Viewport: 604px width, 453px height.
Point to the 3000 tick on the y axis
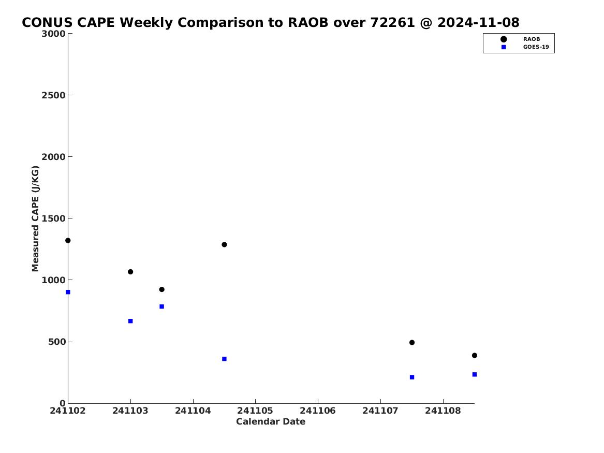[x=53, y=34]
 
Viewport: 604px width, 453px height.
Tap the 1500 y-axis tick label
[x=53, y=218]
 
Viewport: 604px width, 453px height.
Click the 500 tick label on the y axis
[x=57, y=342]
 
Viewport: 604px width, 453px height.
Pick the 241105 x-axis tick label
[x=255, y=411]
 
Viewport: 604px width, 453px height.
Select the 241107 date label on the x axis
[x=380, y=411]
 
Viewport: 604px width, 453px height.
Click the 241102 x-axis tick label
[x=68, y=411]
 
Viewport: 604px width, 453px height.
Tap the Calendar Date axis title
[x=271, y=421]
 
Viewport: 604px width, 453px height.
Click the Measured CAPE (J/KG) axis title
[x=35, y=218]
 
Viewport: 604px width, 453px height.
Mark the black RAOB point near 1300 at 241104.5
[x=224, y=244]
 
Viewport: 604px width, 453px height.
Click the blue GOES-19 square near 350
[x=224, y=359]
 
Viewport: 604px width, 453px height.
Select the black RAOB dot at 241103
[x=130, y=272]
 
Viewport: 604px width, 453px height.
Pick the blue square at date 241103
[x=130, y=322]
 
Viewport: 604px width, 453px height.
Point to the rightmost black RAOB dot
[x=475, y=356]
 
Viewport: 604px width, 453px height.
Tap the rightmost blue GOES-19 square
[x=475, y=374]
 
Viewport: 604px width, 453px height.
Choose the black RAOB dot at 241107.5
[x=412, y=342]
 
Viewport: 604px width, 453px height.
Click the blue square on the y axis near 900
[x=68, y=293]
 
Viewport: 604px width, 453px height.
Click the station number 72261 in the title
[x=392, y=22]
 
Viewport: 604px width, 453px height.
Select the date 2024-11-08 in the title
[x=478, y=22]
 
